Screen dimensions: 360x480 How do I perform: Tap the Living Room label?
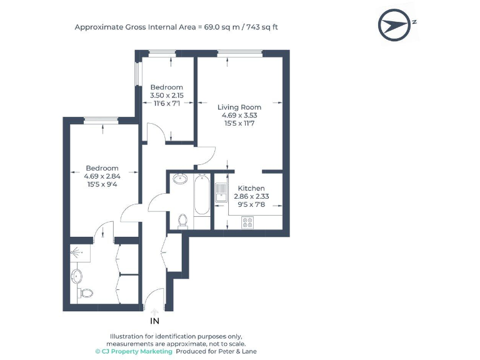[x=239, y=107]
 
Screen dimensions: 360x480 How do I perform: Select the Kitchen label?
[x=251, y=188]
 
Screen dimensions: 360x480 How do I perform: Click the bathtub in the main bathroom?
[x=202, y=195]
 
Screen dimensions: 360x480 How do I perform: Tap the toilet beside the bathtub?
[x=182, y=220]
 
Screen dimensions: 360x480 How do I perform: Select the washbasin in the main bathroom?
[x=180, y=179]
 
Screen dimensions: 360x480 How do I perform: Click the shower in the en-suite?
[x=77, y=252]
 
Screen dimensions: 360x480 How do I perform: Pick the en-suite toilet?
[x=86, y=292]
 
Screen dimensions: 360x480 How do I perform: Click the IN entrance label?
[x=154, y=321]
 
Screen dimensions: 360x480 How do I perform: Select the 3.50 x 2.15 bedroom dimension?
[x=167, y=95]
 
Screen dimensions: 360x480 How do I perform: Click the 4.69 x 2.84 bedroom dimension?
[x=102, y=176]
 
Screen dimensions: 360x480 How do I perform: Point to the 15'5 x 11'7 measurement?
[x=239, y=123]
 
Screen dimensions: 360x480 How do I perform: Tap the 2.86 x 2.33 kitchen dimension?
[x=251, y=196]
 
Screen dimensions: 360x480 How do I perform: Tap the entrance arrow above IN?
[x=154, y=311]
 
